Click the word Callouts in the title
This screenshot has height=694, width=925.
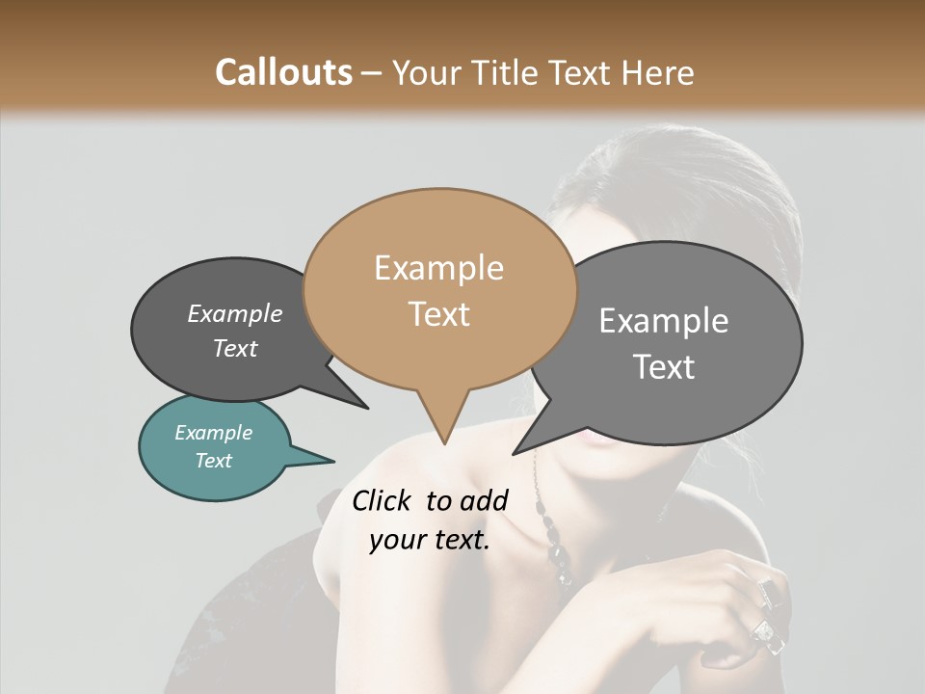[x=283, y=72]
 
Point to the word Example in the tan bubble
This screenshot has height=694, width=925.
[x=438, y=268]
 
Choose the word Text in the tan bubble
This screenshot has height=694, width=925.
[x=438, y=314]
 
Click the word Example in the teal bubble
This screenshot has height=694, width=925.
[x=213, y=433]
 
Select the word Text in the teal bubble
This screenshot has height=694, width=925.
[x=213, y=461]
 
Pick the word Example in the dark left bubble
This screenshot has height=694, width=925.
[x=234, y=314]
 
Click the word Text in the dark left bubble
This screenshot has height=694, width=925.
[x=234, y=348]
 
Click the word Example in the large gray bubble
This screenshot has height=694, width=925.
[x=663, y=321]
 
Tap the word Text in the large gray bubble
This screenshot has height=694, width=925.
[x=663, y=367]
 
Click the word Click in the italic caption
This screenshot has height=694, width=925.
[x=383, y=500]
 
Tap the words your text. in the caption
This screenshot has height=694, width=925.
[x=429, y=540]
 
